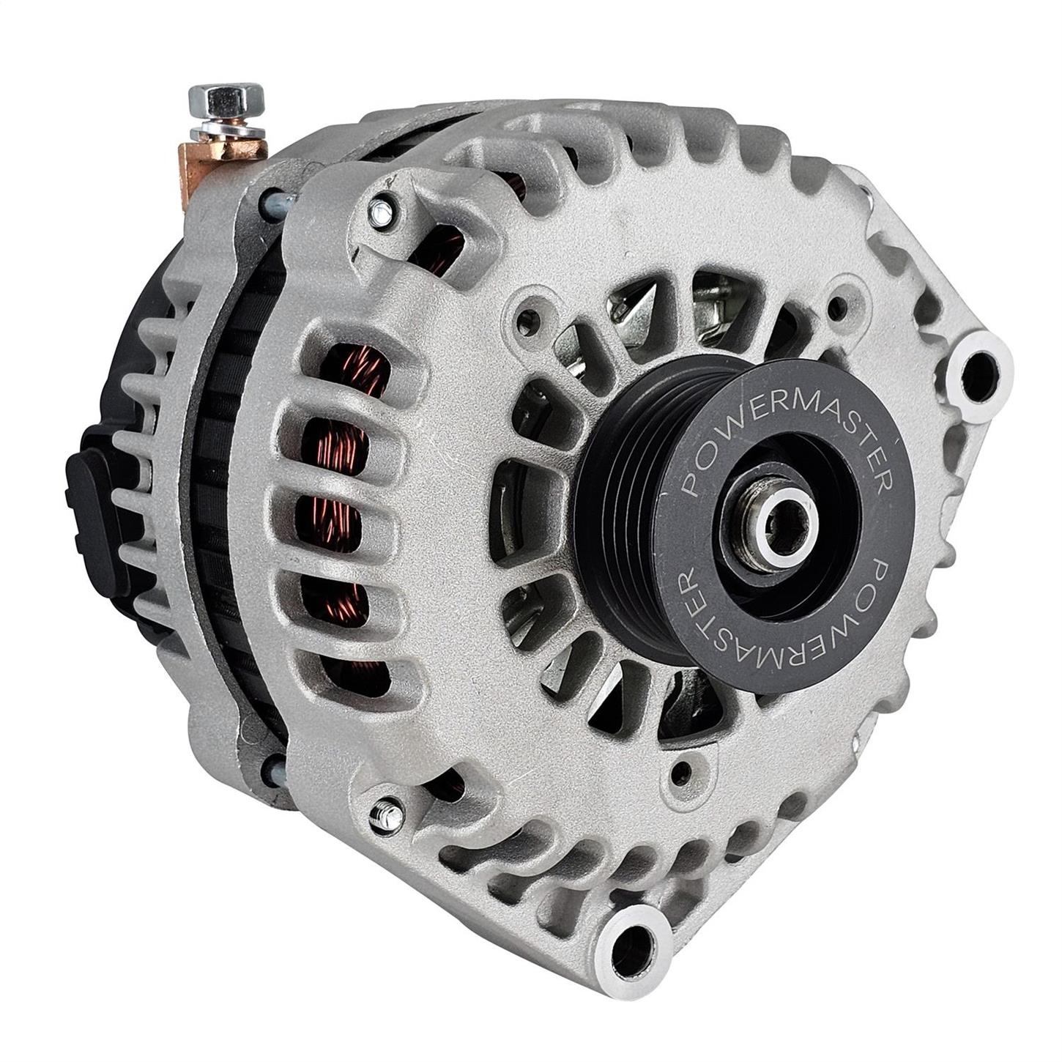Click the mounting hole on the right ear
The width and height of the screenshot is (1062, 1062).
[x=978, y=363]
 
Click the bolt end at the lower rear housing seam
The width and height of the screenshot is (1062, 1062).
[x=276, y=770]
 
